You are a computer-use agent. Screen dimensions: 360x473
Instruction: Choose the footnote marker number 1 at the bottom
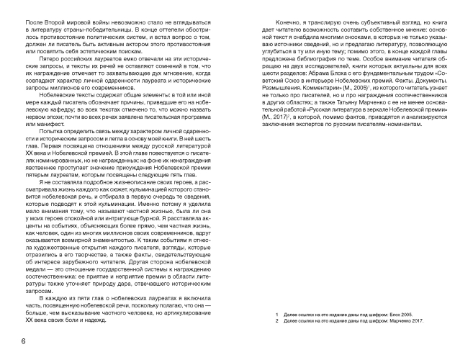point(278,315)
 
